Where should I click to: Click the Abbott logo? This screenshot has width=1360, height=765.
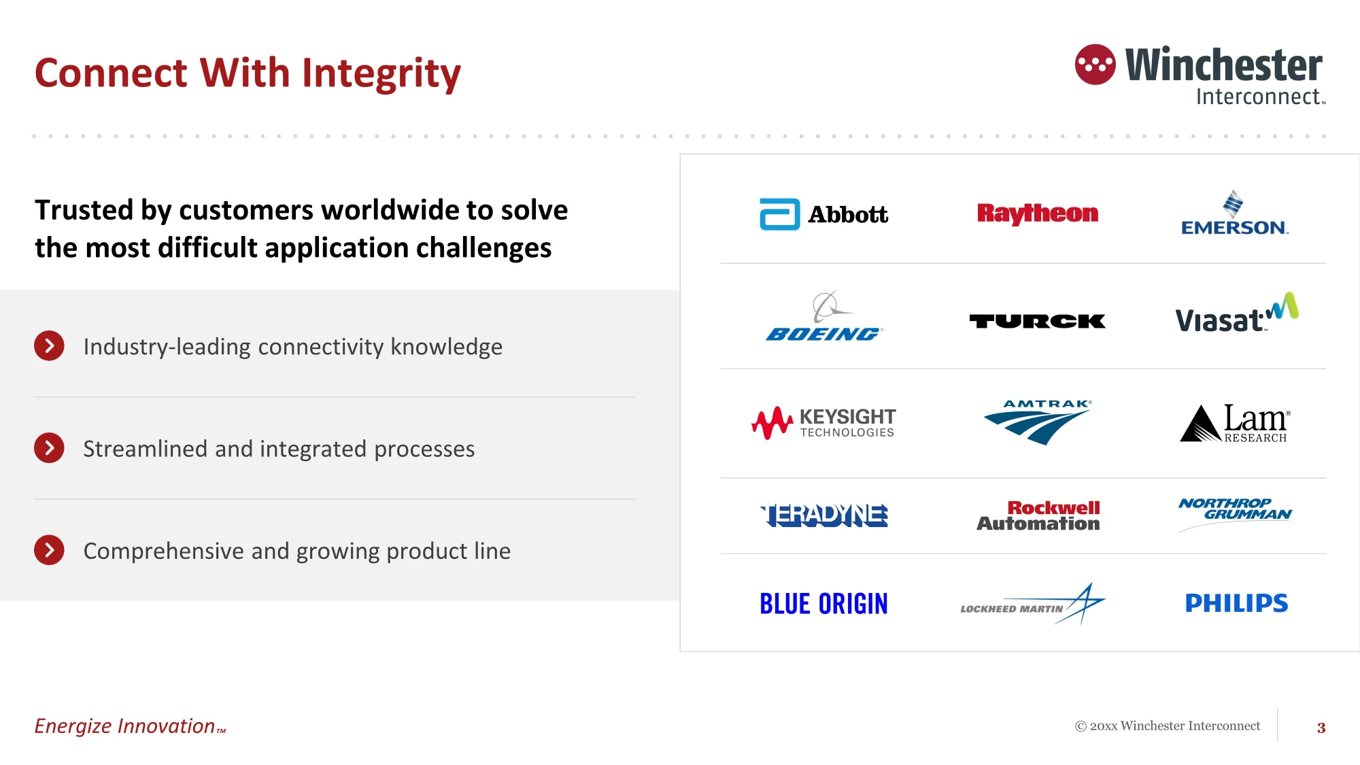point(823,214)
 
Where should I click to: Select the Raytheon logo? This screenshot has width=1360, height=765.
point(1038,214)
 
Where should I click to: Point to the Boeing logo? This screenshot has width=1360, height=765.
point(824,316)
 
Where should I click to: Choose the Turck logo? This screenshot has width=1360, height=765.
point(1038,321)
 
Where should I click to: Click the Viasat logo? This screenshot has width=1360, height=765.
point(1237,313)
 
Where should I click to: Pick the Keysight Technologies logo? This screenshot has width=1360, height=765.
point(823,423)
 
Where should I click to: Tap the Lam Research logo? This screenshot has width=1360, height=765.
point(1235,423)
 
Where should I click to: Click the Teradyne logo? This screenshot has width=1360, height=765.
point(824,515)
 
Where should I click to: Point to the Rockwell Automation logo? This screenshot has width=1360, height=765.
point(1038,515)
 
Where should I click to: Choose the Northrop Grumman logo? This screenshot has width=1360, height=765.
point(1235,514)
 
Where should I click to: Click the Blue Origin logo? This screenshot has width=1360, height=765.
point(823,604)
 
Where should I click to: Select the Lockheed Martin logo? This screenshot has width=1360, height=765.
point(1033,603)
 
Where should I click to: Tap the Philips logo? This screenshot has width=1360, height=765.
point(1236,603)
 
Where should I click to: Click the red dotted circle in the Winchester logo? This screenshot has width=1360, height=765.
point(1095,65)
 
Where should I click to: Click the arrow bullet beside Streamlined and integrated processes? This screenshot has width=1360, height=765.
point(49,448)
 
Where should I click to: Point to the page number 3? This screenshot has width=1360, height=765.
point(1321,728)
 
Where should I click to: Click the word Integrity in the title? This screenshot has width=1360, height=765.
point(381,73)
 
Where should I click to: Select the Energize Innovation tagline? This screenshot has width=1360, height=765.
point(130,726)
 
